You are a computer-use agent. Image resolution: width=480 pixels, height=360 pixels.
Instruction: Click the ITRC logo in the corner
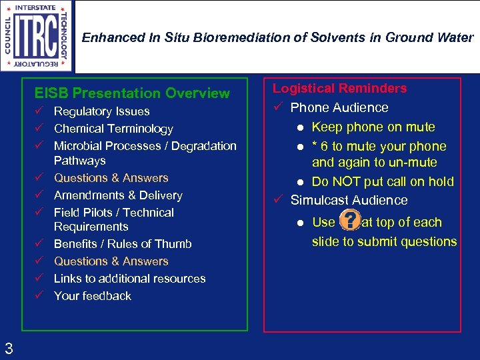point(37,36)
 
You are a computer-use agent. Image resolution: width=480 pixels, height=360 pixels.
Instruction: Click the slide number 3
point(9,347)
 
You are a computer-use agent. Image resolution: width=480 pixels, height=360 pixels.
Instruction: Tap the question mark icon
point(349,222)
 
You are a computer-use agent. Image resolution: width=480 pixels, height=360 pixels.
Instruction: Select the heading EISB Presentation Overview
point(132,93)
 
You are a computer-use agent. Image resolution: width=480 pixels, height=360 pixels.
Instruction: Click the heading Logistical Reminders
point(339,88)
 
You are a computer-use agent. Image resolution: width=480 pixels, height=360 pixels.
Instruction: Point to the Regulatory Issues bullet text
point(101,111)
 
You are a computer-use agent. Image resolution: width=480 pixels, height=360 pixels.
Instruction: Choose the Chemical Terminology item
point(113,129)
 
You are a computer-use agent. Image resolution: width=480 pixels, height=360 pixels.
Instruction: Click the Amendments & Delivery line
point(118,195)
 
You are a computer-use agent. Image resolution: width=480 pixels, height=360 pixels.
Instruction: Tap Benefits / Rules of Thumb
point(123,244)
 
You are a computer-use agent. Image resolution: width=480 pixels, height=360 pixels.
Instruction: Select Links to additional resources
point(129,279)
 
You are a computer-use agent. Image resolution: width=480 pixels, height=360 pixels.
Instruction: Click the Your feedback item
point(93,296)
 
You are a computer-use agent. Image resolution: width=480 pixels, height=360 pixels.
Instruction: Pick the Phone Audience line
point(339,107)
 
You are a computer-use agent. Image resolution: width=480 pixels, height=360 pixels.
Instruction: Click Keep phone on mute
point(373,127)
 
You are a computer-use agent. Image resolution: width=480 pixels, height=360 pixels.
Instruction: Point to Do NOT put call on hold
point(383,181)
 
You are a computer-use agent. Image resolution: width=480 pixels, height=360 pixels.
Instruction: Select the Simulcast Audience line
point(349,200)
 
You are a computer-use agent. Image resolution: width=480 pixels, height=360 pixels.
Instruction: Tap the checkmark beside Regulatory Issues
point(40,111)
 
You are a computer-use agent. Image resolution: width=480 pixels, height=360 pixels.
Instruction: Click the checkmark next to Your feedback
point(40,296)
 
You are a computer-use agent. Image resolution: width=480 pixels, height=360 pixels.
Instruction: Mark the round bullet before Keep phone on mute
point(301,127)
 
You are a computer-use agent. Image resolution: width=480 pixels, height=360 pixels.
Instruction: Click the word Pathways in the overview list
point(79,161)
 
